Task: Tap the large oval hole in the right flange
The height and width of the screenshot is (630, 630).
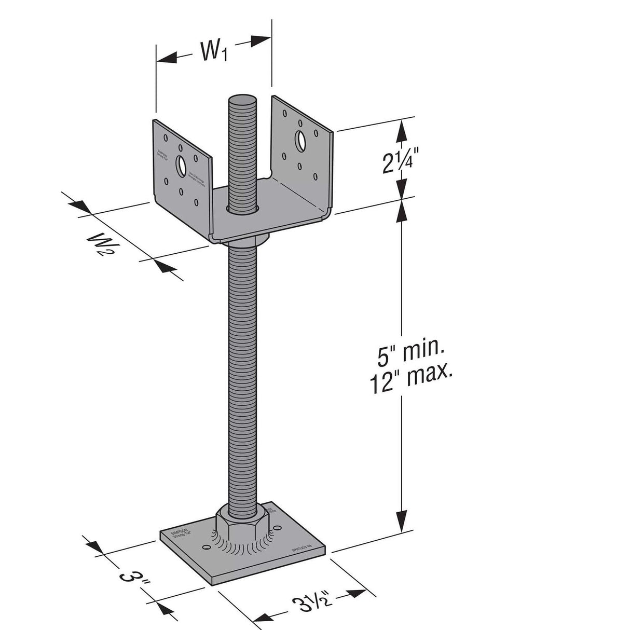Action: point(300,140)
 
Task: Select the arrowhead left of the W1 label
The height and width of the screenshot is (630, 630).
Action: point(166,59)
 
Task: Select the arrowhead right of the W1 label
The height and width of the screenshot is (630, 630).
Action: point(261,40)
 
